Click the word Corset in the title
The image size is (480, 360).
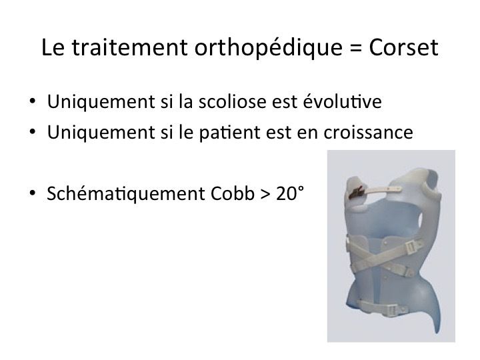click(x=403, y=47)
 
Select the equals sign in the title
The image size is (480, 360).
click(x=356, y=48)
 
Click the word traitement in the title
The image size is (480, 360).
click(x=129, y=47)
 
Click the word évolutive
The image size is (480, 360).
click(x=342, y=101)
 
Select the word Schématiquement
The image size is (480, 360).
click(x=126, y=193)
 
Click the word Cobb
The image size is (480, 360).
click(x=233, y=193)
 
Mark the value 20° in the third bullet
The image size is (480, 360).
click(x=290, y=193)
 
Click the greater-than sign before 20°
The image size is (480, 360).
click(x=265, y=194)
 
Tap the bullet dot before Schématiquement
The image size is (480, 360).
click(x=32, y=193)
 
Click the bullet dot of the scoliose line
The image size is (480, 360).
click(x=32, y=101)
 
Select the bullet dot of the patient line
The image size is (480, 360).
click(x=32, y=132)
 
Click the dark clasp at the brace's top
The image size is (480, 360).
click(x=357, y=193)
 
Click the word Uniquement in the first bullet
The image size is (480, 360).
click(x=101, y=102)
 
